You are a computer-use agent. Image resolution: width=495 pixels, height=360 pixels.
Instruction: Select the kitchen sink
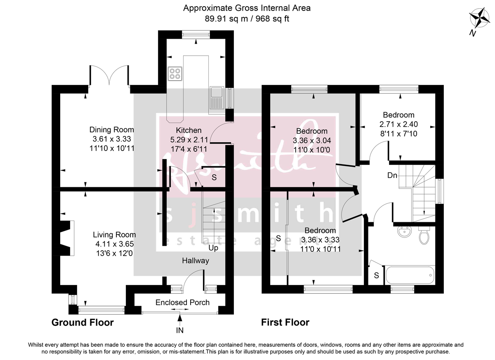216,99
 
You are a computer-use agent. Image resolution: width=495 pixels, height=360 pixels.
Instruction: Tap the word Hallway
196,261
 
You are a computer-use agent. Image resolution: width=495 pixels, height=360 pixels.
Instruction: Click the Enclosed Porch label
182,303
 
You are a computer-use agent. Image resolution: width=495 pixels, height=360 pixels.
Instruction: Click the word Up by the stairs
213,248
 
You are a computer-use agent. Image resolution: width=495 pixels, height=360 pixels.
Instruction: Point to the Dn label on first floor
392,176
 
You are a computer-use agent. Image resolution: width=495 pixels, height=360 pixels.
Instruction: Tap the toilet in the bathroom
424,235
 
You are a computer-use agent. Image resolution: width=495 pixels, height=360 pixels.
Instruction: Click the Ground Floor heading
82,322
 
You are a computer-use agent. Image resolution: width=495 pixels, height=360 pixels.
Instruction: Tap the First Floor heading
285,322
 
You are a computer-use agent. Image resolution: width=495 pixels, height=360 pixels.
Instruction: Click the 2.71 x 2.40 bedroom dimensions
398,124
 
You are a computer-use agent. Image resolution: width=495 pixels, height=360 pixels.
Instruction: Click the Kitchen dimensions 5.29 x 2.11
186,139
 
